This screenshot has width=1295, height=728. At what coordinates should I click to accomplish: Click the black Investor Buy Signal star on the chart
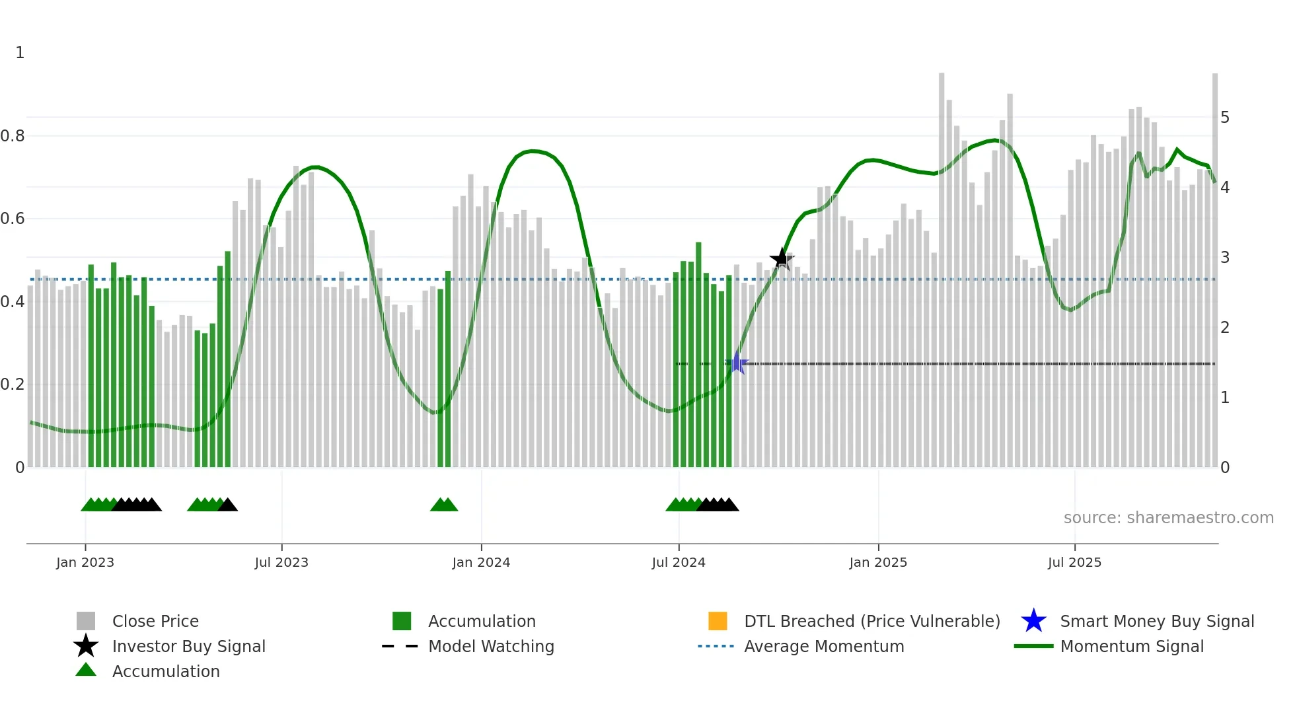tap(782, 259)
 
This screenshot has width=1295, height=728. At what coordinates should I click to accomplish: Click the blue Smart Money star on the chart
tap(737, 363)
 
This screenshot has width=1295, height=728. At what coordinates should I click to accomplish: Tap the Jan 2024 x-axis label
tap(481, 562)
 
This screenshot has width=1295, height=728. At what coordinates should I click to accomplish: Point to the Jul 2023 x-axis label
tap(281, 562)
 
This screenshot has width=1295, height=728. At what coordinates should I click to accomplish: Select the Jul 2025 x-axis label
tap(1074, 562)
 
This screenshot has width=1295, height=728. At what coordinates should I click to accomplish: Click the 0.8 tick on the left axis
tap(13, 136)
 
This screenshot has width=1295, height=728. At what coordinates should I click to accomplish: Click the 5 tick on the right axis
tap(1225, 118)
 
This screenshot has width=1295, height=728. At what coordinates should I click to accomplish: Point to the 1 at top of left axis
tap(20, 53)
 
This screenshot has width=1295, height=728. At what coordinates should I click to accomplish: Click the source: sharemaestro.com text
tap(1168, 518)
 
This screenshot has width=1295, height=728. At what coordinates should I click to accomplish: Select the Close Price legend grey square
tap(86, 621)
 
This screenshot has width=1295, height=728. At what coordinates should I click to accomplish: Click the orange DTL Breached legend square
tap(718, 621)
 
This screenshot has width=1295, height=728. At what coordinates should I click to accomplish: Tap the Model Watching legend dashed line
tap(400, 646)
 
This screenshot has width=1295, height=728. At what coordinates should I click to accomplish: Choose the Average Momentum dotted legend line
tap(716, 646)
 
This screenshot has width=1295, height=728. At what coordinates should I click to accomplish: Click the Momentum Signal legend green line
tap(1033, 646)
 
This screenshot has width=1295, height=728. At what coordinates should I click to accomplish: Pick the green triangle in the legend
tap(86, 670)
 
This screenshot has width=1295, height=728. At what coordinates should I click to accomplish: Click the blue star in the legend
tap(1033, 621)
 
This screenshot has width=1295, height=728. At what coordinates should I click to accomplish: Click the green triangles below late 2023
tap(444, 505)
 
